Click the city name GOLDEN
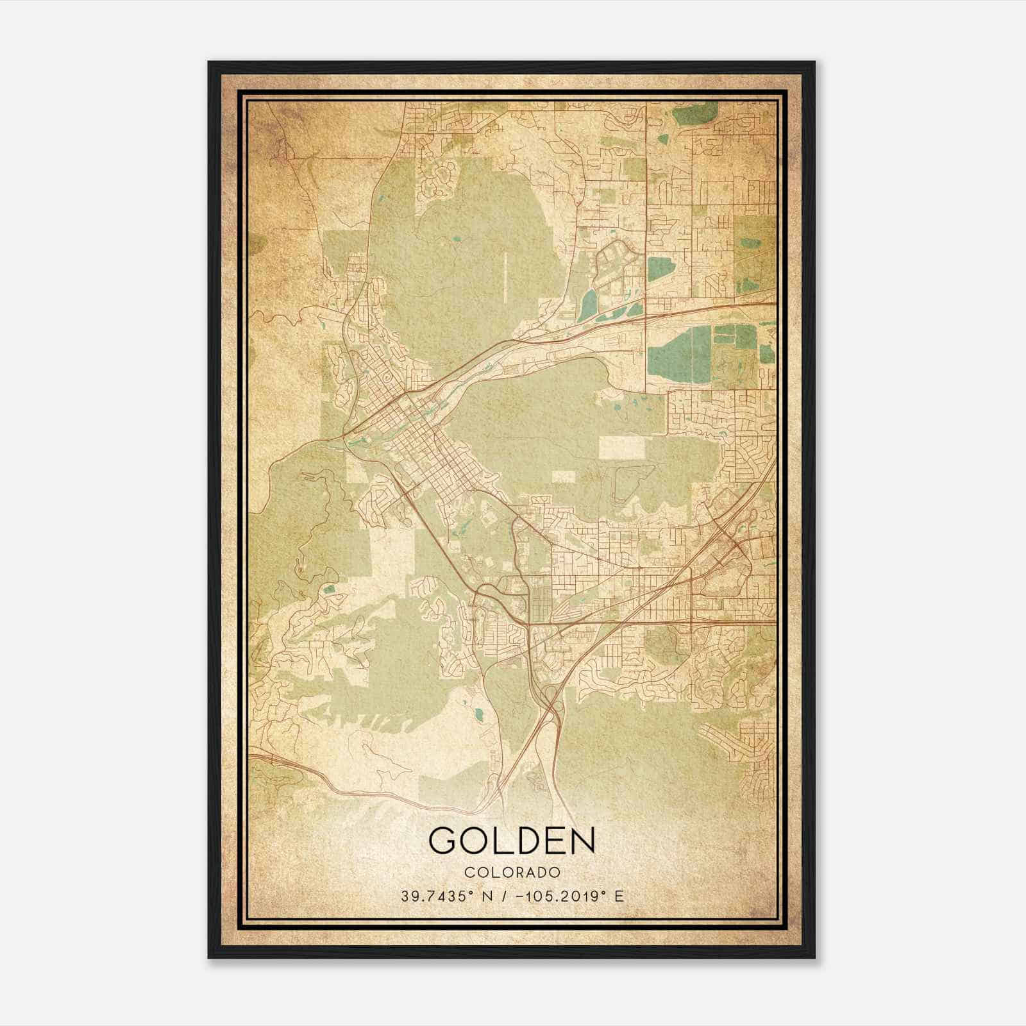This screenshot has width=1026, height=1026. click(x=512, y=840)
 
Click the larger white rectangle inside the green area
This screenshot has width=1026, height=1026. click(x=621, y=448)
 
